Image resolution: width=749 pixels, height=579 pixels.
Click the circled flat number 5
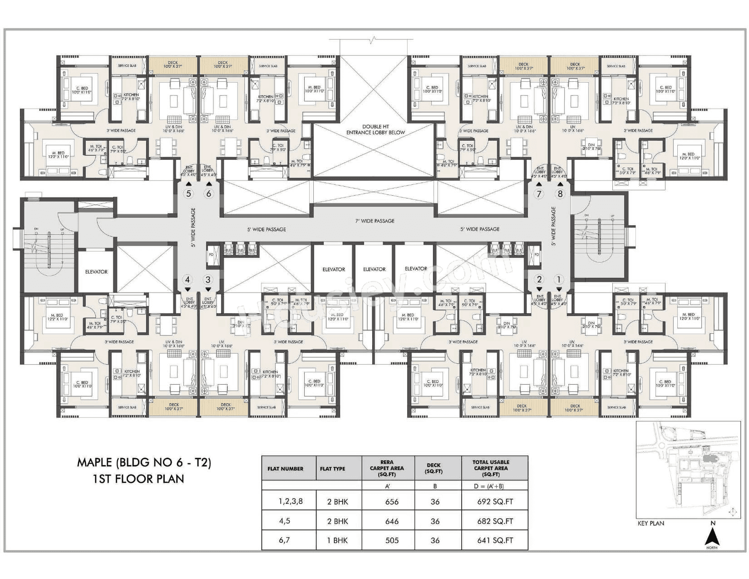[x=188, y=194]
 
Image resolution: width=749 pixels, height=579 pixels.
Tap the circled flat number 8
[x=560, y=194]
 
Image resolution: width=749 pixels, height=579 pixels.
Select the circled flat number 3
[x=208, y=280]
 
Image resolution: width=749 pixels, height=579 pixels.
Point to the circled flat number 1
[x=559, y=280]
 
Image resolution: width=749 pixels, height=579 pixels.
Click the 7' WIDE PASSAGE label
[x=375, y=221]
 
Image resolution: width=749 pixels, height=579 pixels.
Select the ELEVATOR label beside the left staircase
[x=96, y=272]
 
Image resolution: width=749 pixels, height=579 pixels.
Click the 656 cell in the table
[x=391, y=502]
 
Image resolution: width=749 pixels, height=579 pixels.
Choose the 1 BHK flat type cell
[x=338, y=540]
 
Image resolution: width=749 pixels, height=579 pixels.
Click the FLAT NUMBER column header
[x=286, y=469]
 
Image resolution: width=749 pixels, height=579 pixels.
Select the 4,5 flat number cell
[x=285, y=521]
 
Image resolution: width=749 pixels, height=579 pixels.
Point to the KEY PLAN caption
[x=650, y=523]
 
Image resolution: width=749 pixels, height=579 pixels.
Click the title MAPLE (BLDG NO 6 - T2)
[x=144, y=463]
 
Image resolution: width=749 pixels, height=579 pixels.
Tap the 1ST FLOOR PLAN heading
[x=138, y=479]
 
